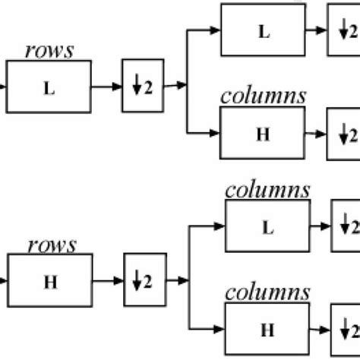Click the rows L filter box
pos(49,87)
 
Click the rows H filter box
pos(49,281)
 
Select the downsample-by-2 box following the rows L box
pos(142,87)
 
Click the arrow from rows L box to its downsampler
pos(106,87)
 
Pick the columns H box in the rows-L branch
pos(262,134)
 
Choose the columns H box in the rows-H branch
pos(268,328)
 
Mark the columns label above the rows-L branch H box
pos(263,96)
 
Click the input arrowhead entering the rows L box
pos(4,87)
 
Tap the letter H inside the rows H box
pos(49,281)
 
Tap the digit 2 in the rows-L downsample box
pos(147,87)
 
